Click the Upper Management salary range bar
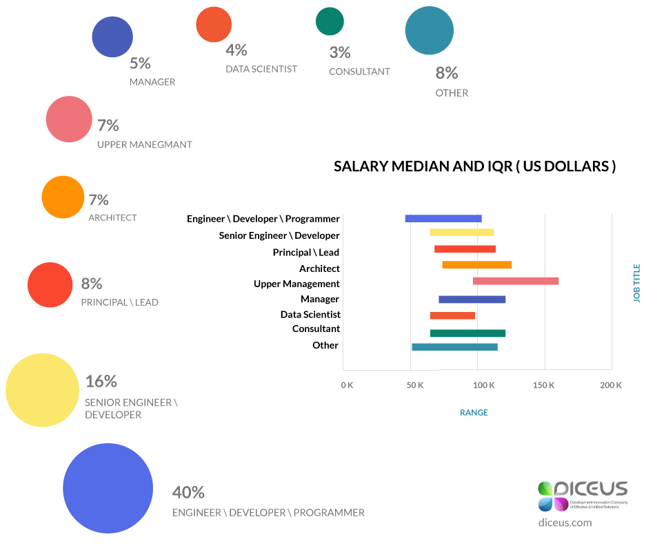click(x=516, y=281)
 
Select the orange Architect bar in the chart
click(x=477, y=265)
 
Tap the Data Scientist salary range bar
click(x=452, y=315)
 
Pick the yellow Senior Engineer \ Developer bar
click(x=461, y=233)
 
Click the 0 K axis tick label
click(x=347, y=385)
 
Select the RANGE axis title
click(x=474, y=413)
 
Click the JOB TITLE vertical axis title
click(x=636, y=283)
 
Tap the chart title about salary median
click(x=475, y=167)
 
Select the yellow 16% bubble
click(x=42, y=390)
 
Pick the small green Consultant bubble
click(x=330, y=21)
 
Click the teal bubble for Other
click(x=430, y=30)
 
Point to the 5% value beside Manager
click(x=140, y=64)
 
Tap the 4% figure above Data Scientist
click(x=236, y=50)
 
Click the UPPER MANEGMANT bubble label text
click(x=145, y=145)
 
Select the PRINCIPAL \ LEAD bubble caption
click(x=120, y=302)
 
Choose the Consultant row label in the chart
click(x=316, y=329)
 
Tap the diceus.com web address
click(x=565, y=523)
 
